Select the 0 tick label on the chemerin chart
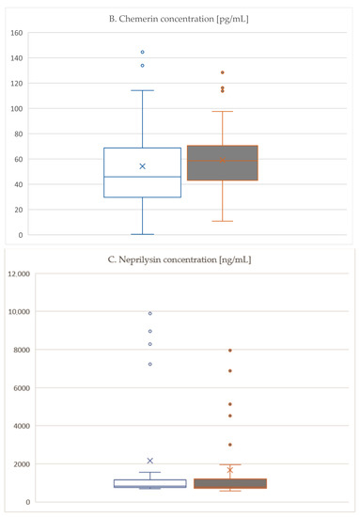21,235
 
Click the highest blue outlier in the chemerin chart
143,52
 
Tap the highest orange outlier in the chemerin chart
223,72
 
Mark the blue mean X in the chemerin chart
143,166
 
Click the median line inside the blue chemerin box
143,177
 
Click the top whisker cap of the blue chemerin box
143,90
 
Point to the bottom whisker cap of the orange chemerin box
223,221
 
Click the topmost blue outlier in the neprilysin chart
149,313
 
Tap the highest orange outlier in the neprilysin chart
229,351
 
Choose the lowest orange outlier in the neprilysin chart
229,445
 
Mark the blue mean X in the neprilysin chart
149,461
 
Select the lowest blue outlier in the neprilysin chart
149,364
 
